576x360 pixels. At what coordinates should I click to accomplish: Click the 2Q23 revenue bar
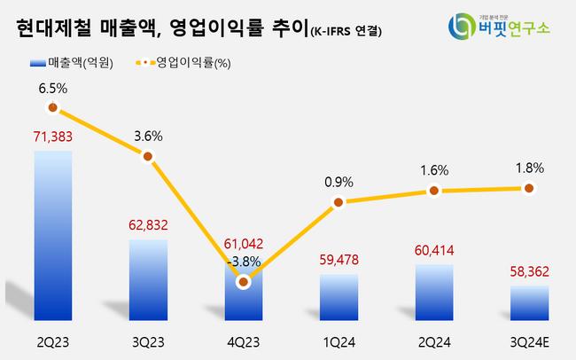[53, 235]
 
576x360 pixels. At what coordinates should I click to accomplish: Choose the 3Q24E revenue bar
[528, 303]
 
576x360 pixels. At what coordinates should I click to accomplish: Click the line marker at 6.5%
[53, 108]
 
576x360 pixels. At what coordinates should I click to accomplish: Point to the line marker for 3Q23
[148, 156]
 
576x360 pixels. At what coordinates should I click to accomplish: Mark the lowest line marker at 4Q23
[243, 280]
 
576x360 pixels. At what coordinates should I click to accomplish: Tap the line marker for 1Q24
[338, 203]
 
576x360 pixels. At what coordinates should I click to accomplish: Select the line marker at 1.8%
[528, 188]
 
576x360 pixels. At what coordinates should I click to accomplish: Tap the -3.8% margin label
[243, 262]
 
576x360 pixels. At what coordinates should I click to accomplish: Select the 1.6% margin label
[433, 170]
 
